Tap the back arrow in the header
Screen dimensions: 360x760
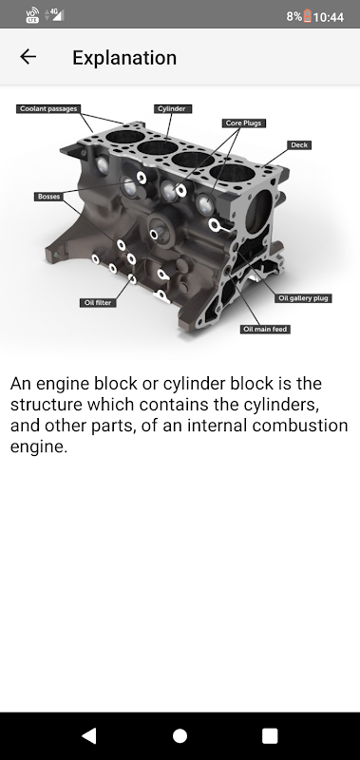tap(28, 57)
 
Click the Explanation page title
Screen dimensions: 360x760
tap(124, 58)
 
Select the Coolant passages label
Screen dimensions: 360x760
tap(47, 108)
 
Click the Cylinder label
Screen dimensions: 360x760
tap(173, 108)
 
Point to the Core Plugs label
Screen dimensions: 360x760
tap(244, 123)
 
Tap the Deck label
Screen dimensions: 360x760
tap(299, 145)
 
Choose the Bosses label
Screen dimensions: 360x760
tap(48, 197)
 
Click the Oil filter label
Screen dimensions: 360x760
tap(98, 302)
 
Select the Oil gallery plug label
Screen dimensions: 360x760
tap(304, 298)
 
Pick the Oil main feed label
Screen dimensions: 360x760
tap(266, 329)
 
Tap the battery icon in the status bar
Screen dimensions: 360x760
tap(307, 16)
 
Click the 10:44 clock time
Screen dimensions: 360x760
tap(329, 17)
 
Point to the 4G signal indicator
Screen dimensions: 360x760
tap(54, 14)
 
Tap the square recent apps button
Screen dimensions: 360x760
tap(270, 735)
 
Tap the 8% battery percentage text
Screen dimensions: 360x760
tap(294, 17)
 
